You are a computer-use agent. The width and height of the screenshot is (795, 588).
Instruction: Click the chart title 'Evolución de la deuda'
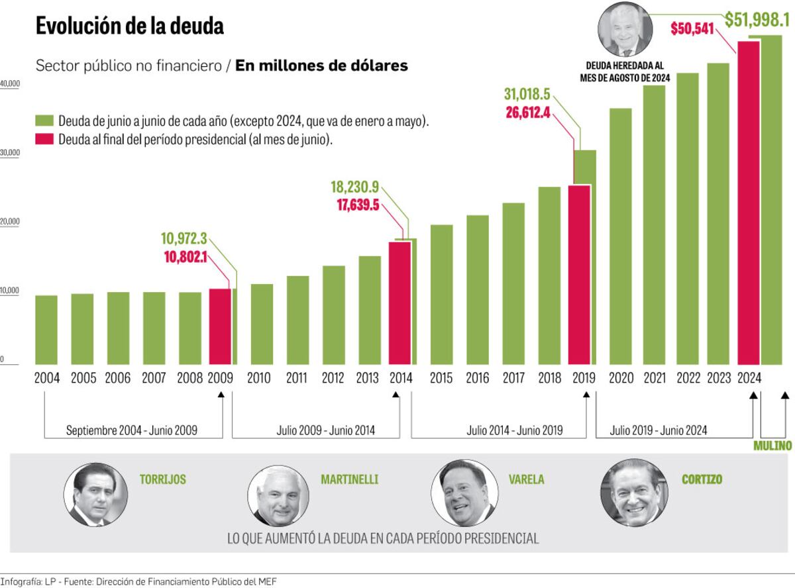click(130, 26)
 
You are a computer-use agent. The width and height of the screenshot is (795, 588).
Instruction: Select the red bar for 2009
click(220, 326)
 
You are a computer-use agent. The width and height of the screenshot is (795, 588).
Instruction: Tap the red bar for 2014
click(399, 303)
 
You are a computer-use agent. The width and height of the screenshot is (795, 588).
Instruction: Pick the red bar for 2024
click(749, 202)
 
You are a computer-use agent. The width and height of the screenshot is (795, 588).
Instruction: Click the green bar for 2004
click(46, 330)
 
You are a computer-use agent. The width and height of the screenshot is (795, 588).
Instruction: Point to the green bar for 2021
click(655, 225)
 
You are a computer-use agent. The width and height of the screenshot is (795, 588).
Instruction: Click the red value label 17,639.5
click(358, 205)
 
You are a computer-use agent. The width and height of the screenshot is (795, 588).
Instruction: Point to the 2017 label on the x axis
click(513, 379)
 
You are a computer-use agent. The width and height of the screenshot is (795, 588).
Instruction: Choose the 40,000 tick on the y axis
click(11, 84)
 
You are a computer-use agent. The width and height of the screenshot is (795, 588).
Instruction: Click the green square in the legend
click(44, 121)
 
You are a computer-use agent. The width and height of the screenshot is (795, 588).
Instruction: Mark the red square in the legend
click(44, 140)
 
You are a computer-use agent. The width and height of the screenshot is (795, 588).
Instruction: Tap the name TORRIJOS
click(163, 479)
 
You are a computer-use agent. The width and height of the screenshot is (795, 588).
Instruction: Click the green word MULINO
click(772, 446)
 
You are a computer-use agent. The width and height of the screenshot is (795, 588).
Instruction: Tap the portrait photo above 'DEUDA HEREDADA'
click(624, 30)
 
